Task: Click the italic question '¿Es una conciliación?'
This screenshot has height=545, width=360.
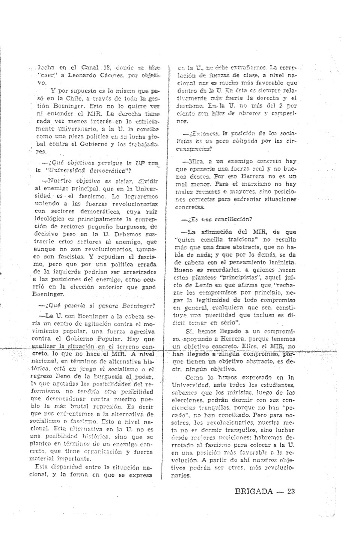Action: (217, 219)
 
